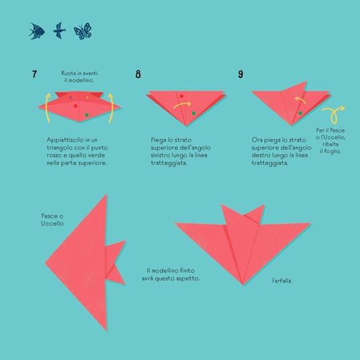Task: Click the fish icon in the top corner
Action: pos(37,31)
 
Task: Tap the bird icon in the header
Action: pos(60,31)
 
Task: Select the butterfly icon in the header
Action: pos(83,31)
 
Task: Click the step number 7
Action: pos(34,75)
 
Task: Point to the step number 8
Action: pos(138,75)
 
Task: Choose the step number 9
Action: pos(240,75)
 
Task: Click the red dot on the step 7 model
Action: pos(76,105)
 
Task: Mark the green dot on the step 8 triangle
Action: pos(193,114)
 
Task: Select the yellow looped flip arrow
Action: pos(331,111)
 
